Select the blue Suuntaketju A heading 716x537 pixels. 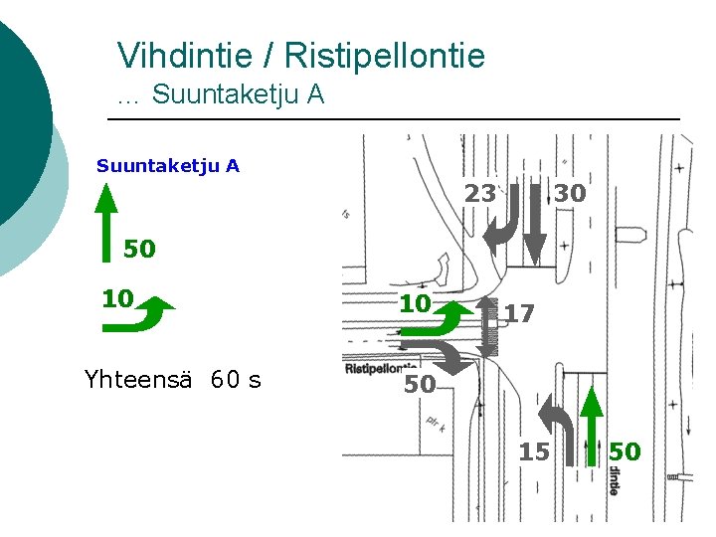(x=168, y=165)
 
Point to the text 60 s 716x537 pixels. (x=237, y=378)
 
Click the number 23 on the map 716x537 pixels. (x=480, y=194)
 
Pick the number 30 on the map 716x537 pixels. (x=570, y=194)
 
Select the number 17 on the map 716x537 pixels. (x=519, y=314)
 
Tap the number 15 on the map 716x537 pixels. (x=534, y=452)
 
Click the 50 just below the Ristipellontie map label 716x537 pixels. (x=420, y=384)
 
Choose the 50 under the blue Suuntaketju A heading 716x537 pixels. (x=139, y=249)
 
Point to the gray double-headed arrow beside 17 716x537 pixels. (x=488, y=325)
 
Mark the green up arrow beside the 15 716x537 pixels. (x=593, y=426)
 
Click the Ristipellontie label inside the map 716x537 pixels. (x=381, y=367)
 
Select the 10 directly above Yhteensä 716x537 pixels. (x=117, y=298)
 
